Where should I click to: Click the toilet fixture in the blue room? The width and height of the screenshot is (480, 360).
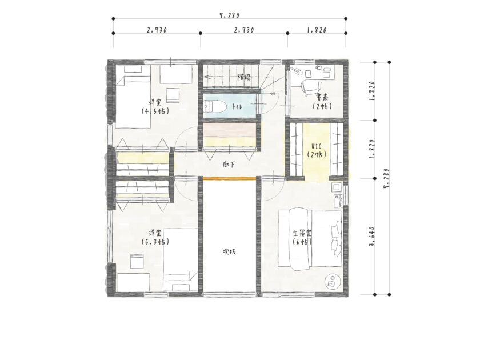215,107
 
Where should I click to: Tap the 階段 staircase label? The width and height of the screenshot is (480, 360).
244,77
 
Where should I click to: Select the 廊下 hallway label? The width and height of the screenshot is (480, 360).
229,165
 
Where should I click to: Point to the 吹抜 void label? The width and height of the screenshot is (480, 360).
229,252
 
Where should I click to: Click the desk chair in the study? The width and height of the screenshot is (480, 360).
310,87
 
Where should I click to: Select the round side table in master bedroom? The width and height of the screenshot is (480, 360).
333,282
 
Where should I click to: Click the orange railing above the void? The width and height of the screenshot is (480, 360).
230,178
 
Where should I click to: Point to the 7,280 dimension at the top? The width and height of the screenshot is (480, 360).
229,15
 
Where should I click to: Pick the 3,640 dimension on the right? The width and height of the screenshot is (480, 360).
372,236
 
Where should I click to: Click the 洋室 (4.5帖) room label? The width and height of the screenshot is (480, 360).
155,106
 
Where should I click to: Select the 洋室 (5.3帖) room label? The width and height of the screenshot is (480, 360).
155,237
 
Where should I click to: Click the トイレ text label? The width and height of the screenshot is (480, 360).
237,107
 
